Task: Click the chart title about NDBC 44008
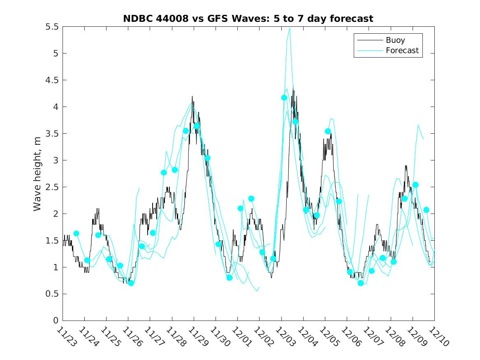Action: pos(248,19)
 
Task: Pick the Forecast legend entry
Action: pos(402,51)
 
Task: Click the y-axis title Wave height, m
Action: pos(37,174)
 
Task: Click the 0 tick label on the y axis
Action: pos(56,321)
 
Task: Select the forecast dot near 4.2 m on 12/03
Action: pos(284,98)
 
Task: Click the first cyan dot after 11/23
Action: pos(76,233)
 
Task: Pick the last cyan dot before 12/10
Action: pos(426,210)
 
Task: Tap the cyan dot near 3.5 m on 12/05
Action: pos(328,131)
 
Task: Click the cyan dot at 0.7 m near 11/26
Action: pos(131,283)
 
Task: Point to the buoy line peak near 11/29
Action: pos(192,96)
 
